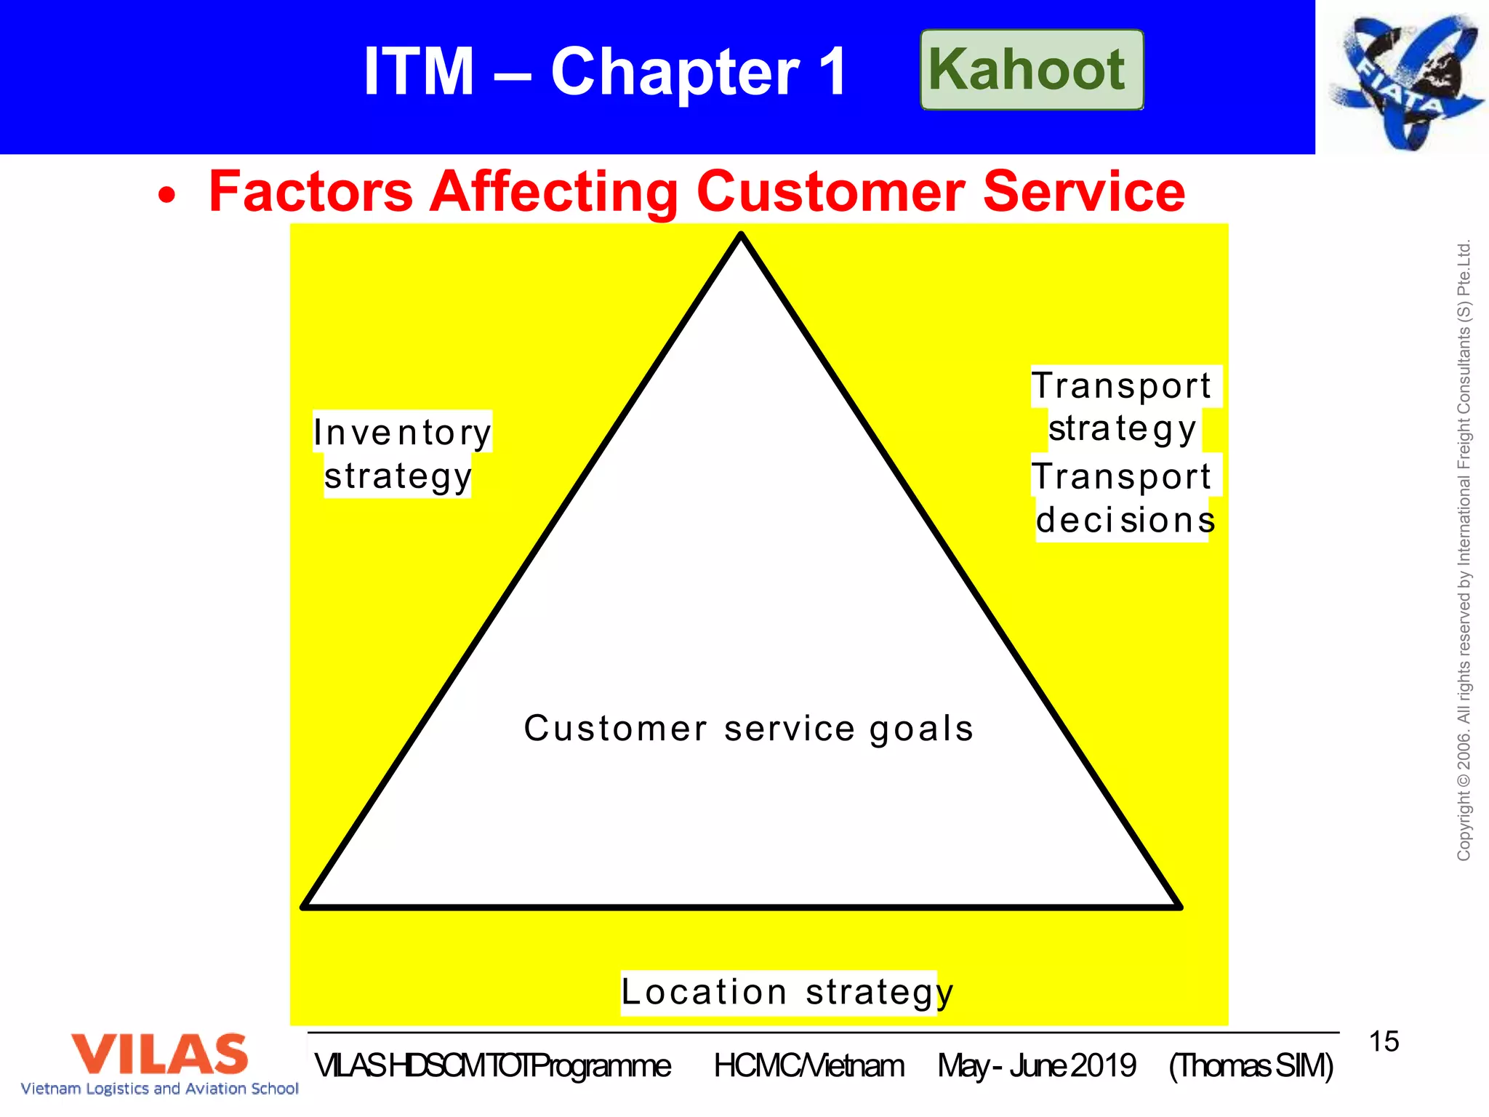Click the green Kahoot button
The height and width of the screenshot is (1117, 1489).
click(1031, 70)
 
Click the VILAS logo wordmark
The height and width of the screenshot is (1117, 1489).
click(160, 1054)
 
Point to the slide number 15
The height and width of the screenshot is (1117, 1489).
click(1384, 1041)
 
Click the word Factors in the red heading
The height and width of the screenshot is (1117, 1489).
click(310, 191)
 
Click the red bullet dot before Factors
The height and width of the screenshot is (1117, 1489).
click(167, 195)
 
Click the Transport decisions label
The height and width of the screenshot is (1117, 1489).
click(1124, 498)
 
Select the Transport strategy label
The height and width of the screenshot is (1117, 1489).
click(1123, 407)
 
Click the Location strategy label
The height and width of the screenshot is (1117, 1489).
click(785, 992)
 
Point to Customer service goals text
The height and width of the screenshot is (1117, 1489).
click(748, 729)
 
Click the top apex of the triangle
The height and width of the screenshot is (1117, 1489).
click(741, 236)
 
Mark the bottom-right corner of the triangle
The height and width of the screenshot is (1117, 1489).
click(1179, 906)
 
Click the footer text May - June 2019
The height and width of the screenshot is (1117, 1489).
click(1036, 1066)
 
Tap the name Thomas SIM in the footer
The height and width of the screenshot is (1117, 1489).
click(1251, 1066)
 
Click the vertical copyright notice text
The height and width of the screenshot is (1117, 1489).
click(1464, 551)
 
